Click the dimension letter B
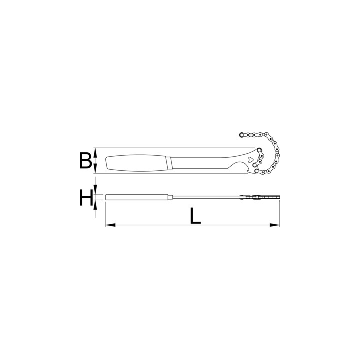[x=86, y=160]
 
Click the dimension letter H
[x=86, y=197]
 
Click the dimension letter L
[x=195, y=216]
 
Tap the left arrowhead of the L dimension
[x=110, y=225]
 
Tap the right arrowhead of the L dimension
[x=275, y=225]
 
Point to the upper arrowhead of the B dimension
[x=95, y=152]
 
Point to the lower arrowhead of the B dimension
[x=95, y=169]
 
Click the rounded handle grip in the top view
[x=136, y=163]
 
